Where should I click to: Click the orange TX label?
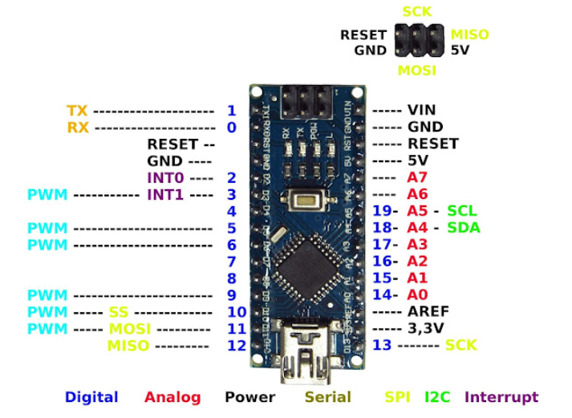pyautogui.click(x=78, y=110)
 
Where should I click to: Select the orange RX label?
pyautogui.click(x=78, y=127)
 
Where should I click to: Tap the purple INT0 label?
pyautogui.click(x=164, y=177)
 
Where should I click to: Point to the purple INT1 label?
pyautogui.click(x=164, y=194)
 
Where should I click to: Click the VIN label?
pyautogui.click(x=422, y=110)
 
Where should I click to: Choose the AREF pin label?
pyautogui.click(x=428, y=311)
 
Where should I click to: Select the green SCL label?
pyautogui.click(x=461, y=211)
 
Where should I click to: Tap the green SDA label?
pyautogui.click(x=463, y=228)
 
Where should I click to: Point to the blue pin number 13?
pyautogui.click(x=382, y=345)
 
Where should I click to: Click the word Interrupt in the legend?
pyautogui.click(x=501, y=397)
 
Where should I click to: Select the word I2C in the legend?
pyautogui.click(x=437, y=397)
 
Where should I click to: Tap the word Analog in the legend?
pyautogui.click(x=171, y=397)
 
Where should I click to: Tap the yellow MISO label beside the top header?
pyautogui.click(x=469, y=34)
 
